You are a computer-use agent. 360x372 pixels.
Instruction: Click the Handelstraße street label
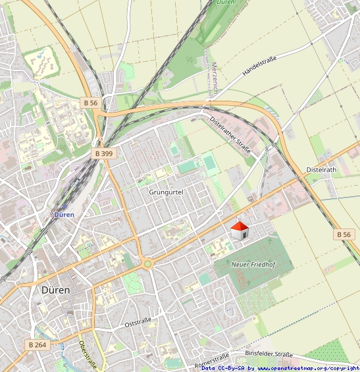click(x=259, y=66)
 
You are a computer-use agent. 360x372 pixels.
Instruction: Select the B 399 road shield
click(x=104, y=153)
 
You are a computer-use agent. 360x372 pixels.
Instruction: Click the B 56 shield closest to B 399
click(x=91, y=103)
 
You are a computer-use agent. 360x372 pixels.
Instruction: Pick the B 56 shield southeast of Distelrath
click(x=344, y=234)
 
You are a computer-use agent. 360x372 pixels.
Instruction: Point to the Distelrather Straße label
click(x=230, y=136)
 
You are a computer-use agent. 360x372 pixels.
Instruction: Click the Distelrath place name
click(x=321, y=170)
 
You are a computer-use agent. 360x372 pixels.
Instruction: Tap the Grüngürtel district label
click(x=166, y=192)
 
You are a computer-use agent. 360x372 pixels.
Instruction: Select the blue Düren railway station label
click(x=64, y=215)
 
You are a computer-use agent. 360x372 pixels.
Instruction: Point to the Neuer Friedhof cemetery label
click(x=253, y=264)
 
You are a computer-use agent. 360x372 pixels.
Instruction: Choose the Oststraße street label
click(x=138, y=322)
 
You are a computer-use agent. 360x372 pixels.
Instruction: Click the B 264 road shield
click(x=37, y=344)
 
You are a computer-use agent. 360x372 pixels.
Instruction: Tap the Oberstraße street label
click(x=88, y=355)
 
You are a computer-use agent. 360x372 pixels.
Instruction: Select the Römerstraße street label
click(x=212, y=361)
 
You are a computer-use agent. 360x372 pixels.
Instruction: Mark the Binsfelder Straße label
click(x=269, y=354)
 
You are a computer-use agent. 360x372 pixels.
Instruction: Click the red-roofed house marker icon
click(x=240, y=231)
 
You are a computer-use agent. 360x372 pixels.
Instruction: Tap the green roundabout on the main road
click(x=148, y=264)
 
